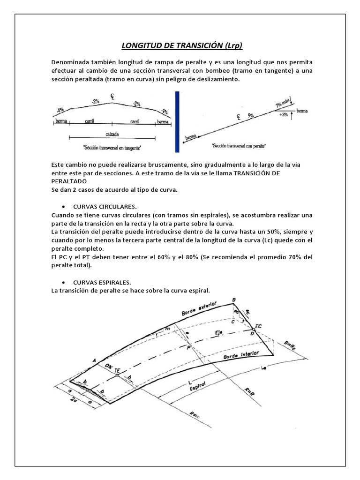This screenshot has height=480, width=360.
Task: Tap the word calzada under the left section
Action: tap(112, 134)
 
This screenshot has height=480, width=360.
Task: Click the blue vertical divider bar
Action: tap(177, 121)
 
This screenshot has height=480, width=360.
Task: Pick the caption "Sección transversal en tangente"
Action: tap(112, 148)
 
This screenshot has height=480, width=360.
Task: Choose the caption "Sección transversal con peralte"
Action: tap(239, 146)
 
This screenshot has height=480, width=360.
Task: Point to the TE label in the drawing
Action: tap(118, 370)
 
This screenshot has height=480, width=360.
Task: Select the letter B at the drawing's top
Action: tap(234, 300)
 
